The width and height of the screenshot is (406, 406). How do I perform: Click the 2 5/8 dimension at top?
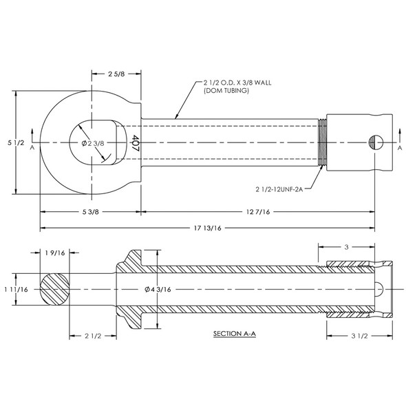pos(117,74)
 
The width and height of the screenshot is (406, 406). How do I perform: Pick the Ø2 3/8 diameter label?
pos(92,143)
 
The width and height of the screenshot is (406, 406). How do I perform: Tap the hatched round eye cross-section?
pos(54,289)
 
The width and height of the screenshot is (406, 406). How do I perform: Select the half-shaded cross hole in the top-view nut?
pos(374,142)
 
